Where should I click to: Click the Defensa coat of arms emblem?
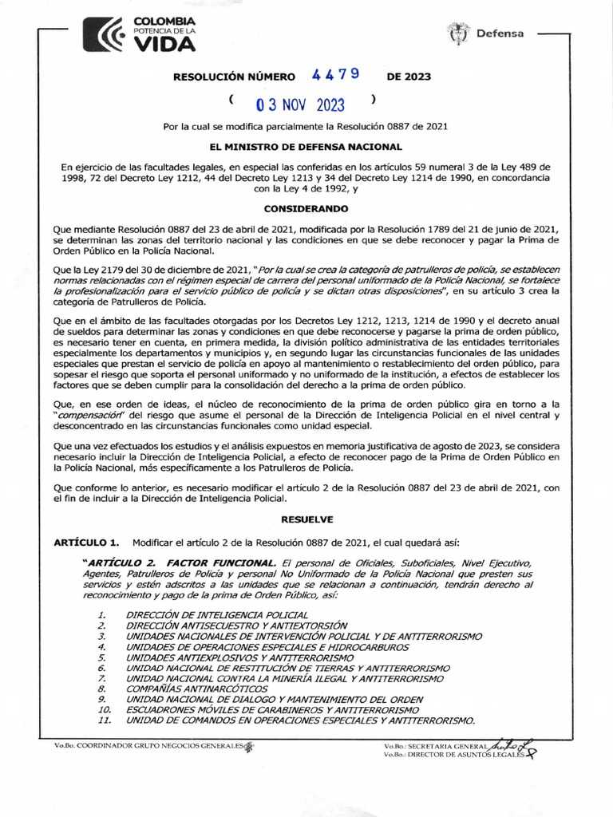click(458, 34)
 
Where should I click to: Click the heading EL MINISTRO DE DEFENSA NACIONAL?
click(306, 148)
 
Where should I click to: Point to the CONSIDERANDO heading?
click(306, 208)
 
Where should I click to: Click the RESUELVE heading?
click(306, 519)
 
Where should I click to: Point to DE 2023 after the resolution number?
click(409, 77)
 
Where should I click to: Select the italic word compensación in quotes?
click(89, 416)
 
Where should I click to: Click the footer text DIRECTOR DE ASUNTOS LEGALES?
click(457, 753)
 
